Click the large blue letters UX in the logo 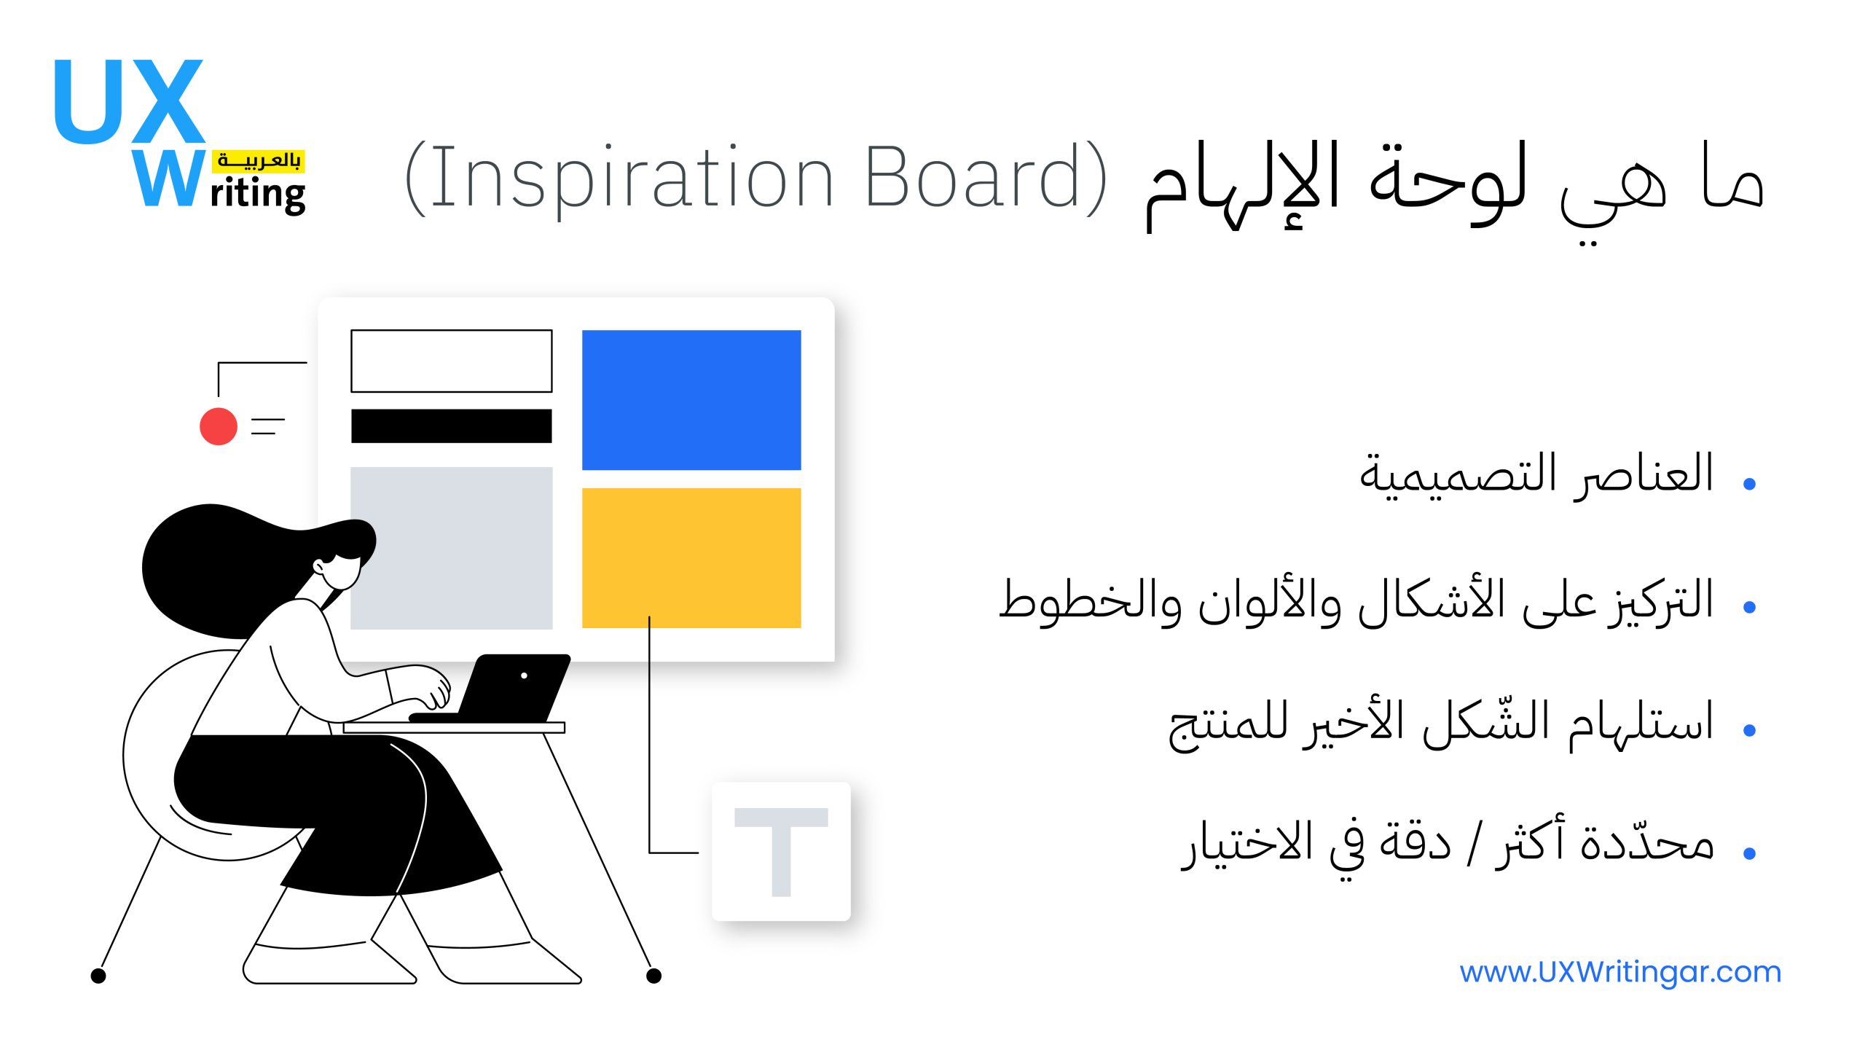pyautogui.click(x=128, y=101)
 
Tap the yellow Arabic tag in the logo pyautogui.click(x=259, y=161)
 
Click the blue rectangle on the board pyautogui.click(x=691, y=400)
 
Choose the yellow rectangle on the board pyautogui.click(x=691, y=558)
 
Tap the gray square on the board pyautogui.click(x=452, y=548)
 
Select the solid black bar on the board pyautogui.click(x=452, y=426)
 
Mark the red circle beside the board pyautogui.click(x=219, y=426)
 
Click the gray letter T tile pyautogui.click(x=781, y=852)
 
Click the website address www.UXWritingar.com pyautogui.click(x=1620, y=972)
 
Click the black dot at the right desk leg pyautogui.click(x=654, y=976)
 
